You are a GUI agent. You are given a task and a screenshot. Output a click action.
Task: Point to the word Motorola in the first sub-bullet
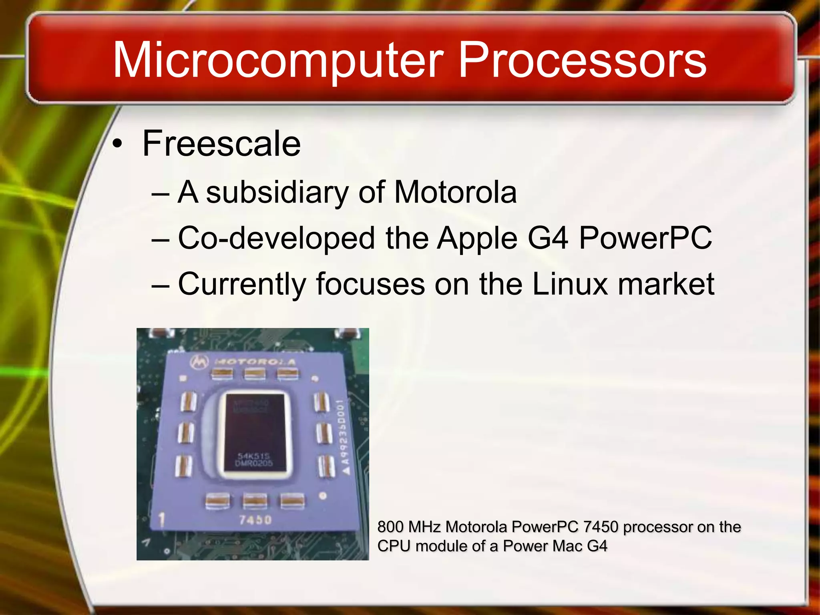pyautogui.click(x=455, y=192)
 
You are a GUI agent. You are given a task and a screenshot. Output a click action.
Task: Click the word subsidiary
pyautogui.click(x=277, y=192)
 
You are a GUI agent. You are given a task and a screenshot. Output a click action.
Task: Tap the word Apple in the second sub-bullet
pyautogui.click(x=477, y=238)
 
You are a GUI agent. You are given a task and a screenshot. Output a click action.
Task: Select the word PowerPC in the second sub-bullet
pyautogui.click(x=645, y=238)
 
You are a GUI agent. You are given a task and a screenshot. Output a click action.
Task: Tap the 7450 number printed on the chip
pyautogui.click(x=255, y=520)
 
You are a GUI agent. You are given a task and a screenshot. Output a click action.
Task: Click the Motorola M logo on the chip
pyautogui.click(x=199, y=362)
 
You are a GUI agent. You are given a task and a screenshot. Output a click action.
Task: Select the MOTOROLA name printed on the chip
pyautogui.click(x=255, y=362)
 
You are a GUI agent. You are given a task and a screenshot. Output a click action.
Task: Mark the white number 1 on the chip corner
pyautogui.click(x=162, y=520)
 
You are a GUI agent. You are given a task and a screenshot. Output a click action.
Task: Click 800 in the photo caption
pyautogui.click(x=390, y=527)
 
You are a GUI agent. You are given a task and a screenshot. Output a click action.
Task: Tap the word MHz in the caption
pyautogui.click(x=424, y=527)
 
